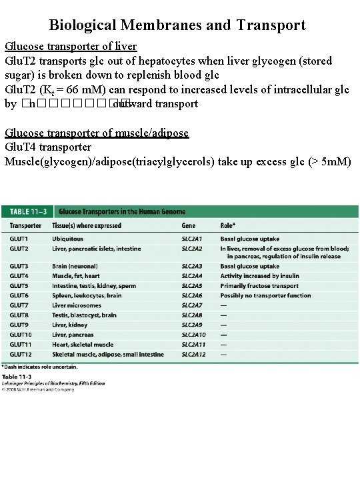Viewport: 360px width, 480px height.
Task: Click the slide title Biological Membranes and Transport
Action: (x=177, y=25)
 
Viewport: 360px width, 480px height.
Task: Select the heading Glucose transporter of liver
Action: (x=71, y=47)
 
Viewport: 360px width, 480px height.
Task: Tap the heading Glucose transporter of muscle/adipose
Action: (x=97, y=133)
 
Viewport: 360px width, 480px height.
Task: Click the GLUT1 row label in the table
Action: (x=19, y=239)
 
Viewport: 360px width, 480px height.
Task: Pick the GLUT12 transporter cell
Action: (x=21, y=355)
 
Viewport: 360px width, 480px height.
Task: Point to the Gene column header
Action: (x=189, y=226)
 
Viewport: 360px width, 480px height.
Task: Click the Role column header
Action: (x=228, y=226)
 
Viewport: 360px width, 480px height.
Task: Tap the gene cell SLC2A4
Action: (x=193, y=276)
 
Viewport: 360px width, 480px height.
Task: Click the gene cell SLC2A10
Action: (x=195, y=335)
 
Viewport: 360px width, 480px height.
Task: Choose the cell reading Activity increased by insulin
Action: (x=260, y=276)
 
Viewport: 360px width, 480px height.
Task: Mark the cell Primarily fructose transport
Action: (x=259, y=286)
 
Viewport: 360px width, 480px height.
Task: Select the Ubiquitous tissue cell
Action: (x=68, y=239)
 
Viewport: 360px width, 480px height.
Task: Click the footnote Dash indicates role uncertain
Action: (x=40, y=367)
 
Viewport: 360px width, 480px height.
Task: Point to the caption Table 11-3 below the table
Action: (x=16, y=377)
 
